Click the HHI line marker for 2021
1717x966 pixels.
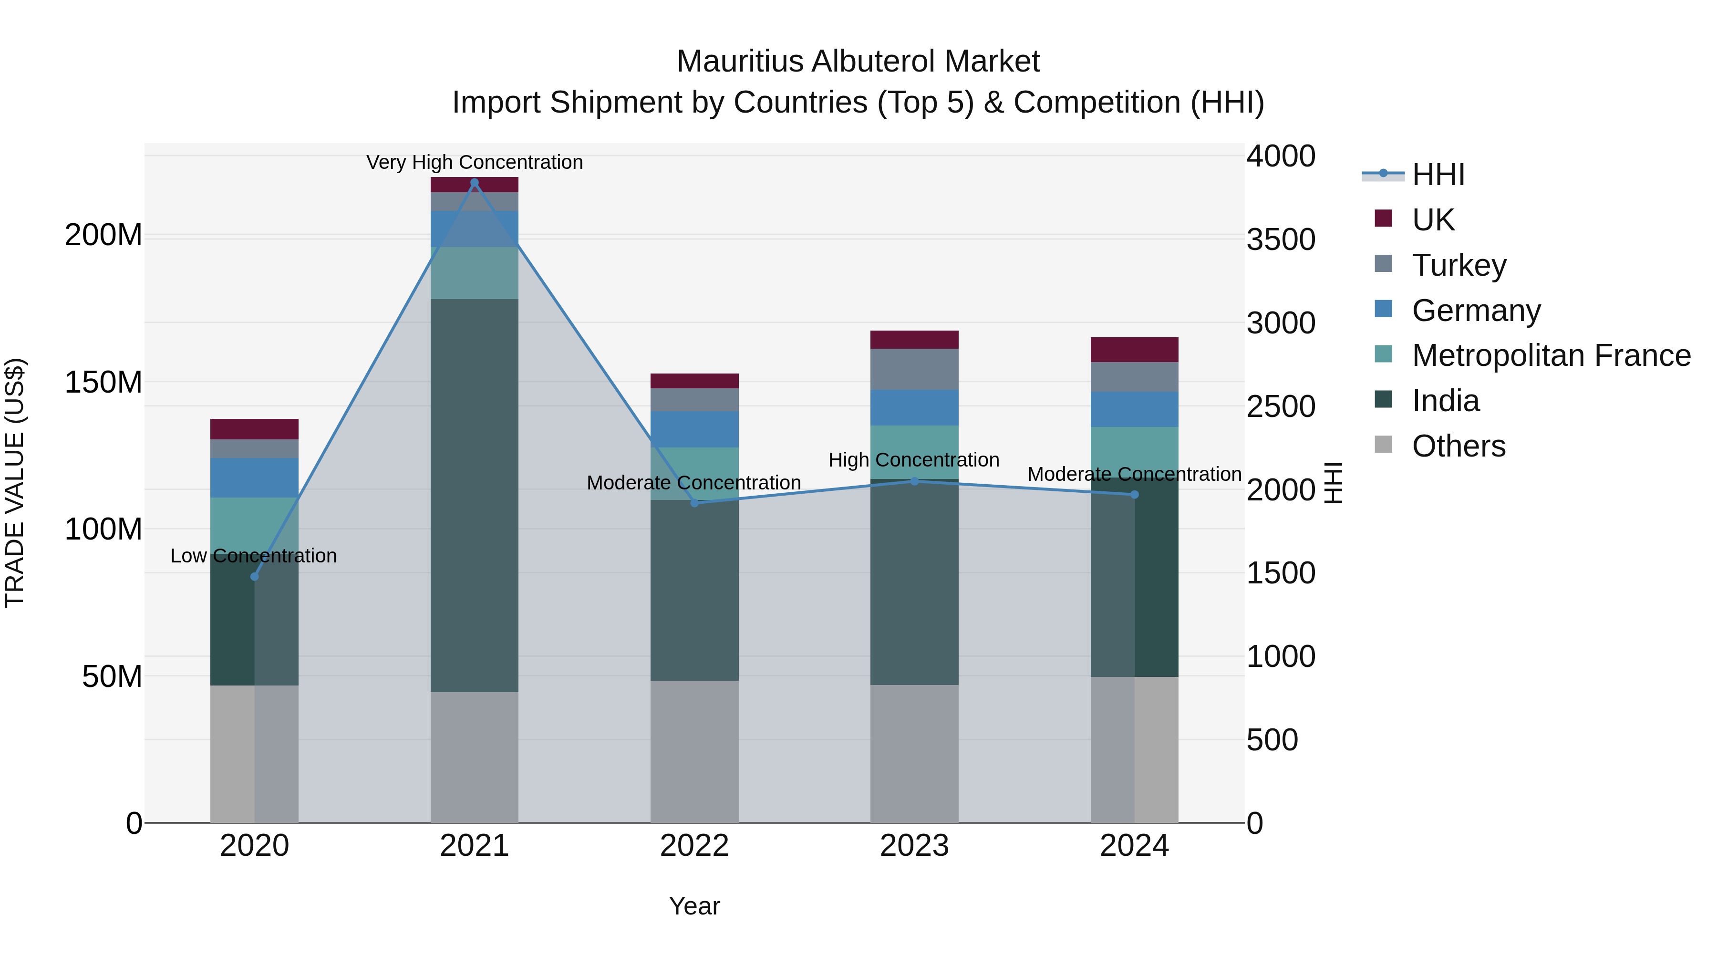pyautogui.click(x=475, y=183)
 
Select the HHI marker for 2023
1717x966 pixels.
pyautogui.click(x=914, y=481)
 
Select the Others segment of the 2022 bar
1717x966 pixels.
pyautogui.click(x=694, y=751)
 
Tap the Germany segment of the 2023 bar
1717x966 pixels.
pyautogui.click(x=914, y=407)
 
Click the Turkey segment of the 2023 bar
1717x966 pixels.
pyautogui.click(x=914, y=369)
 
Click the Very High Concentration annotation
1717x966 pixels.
pyautogui.click(x=475, y=162)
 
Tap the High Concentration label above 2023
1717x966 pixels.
pyautogui.click(x=914, y=460)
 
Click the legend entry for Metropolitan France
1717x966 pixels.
pyautogui.click(x=1551, y=355)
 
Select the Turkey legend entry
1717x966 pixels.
pyautogui.click(x=1458, y=265)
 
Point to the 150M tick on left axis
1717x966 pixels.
pyautogui.click(x=103, y=383)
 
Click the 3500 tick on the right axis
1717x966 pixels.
pyautogui.click(x=1281, y=240)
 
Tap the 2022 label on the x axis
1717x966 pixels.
pyautogui.click(x=694, y=846)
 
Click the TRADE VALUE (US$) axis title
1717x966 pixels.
pyautogui.click(x=15, y=483)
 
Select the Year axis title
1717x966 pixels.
pyautogui.click(x=694, y=906)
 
